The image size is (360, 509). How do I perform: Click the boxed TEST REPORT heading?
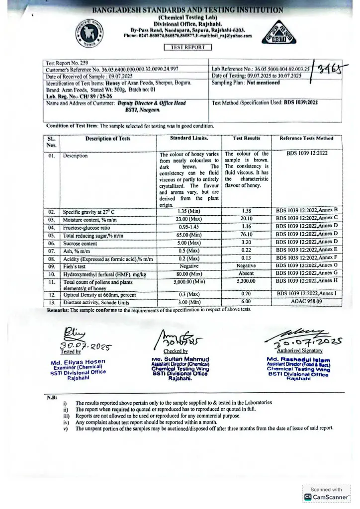pyautogui.click(x=188, y=48)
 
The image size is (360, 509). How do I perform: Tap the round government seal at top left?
pyautogui.click(x=90, y=35)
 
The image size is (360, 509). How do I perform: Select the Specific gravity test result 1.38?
pyautogui.click(x=246, y=211)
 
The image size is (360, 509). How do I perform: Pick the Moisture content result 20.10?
pyautogui.click(x=246, y=218)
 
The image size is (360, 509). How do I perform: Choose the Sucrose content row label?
pyautogui.click(x=81, y=244)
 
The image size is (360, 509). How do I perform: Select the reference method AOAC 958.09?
pyautogui.click(x=307, y=302)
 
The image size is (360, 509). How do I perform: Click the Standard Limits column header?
pyautogui.click(x=189, y=138)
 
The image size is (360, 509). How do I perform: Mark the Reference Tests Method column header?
pyautogui.click(x=307, y=138)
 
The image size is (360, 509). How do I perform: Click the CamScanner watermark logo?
pyautogui.click(x=308, y=497)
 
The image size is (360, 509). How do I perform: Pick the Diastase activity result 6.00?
pyautogui.click(x=246, y=302)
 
